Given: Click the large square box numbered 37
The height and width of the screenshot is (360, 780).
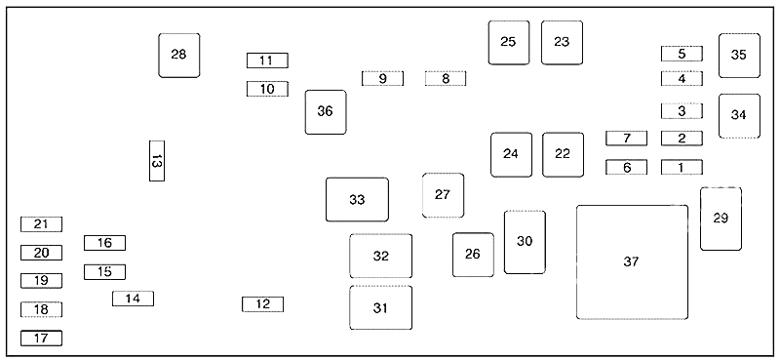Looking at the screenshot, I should click(x=632, y=261).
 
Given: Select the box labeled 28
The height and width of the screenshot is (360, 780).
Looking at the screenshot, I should click(x=178, y=55).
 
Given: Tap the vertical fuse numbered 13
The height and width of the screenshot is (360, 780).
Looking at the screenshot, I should click(x=156, y=161).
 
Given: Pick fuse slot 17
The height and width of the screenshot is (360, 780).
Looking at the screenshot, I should click(x=41, y=339).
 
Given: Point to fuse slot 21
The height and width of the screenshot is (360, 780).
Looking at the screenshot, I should click(x=41, y=224).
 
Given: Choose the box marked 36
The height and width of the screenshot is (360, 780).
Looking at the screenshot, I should click(x=325, y=111).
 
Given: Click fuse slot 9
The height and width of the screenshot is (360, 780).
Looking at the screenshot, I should click(x=382, y=78).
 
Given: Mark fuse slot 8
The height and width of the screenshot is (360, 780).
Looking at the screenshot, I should click(x=445, y=78).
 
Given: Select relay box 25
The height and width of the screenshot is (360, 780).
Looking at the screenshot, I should click(x=508, y=42).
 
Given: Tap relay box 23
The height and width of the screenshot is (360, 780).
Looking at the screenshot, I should click(x=562, y=42).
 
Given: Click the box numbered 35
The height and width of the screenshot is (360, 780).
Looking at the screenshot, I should click(x=739, y=55).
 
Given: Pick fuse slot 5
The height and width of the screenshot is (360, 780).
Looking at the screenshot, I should click(x=682, y=54).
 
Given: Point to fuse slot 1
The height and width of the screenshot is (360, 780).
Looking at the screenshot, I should click(x=682, y=167).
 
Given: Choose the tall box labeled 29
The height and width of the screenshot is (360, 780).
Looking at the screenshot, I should click(x=721, y=219).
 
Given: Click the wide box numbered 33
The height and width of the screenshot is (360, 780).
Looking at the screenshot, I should click(x=357, y=200).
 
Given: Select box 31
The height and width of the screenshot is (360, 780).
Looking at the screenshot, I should click(x=380, y=308).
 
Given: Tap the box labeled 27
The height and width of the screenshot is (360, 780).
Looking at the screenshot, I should click(x=443, y=195).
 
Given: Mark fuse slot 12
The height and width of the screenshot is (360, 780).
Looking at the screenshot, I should click(x=262, y=304).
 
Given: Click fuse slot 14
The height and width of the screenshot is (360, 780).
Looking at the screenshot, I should click(x=133, y=299).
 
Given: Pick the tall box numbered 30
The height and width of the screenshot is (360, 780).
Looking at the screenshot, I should click(x=525, y=242).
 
